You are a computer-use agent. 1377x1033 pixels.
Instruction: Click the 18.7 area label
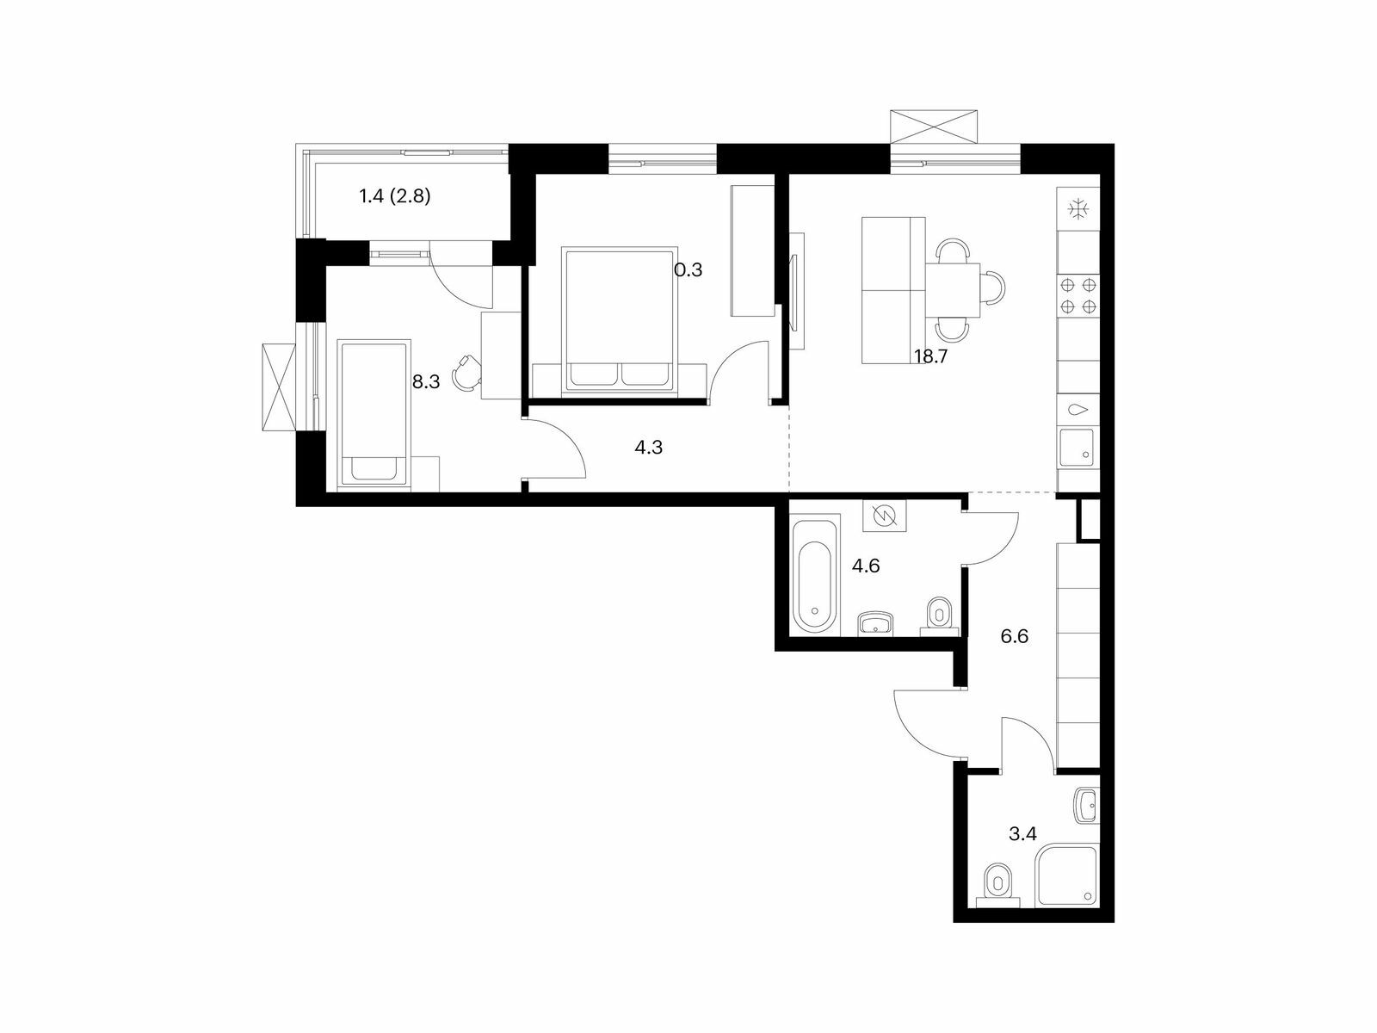pyautogui.click(x=931, y=357)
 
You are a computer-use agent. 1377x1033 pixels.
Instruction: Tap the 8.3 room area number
pyautogui.click(x=426, y=382)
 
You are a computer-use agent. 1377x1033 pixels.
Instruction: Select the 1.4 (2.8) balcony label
pyautogui.click(x=394, y=197)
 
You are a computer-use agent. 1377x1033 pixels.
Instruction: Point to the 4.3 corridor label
pyautogui.click(x=649, y=447)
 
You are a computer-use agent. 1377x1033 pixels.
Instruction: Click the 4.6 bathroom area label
pyautogui.click(x=866, y=566)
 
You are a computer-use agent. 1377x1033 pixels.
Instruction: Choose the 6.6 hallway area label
pyautogui.click(x=1015, y=637)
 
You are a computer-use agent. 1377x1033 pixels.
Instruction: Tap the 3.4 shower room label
pyautogui.click(x=1022, y=834)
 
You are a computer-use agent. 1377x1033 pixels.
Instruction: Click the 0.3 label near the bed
pyautogui.click(x=688, y=270)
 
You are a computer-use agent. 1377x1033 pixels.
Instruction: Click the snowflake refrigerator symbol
pyautogui.click(x=1078, y=209)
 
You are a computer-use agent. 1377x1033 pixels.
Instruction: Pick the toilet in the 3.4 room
pyautogui.click(x=997, y=885)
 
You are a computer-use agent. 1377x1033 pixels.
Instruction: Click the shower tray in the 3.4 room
pyautogui.click(x=1067, y=875)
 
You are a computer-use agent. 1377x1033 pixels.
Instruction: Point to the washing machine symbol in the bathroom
pyautogui.click(x=885, y=516)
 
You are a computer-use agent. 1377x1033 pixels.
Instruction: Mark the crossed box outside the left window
pyautogui.click(x=279, y=387)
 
